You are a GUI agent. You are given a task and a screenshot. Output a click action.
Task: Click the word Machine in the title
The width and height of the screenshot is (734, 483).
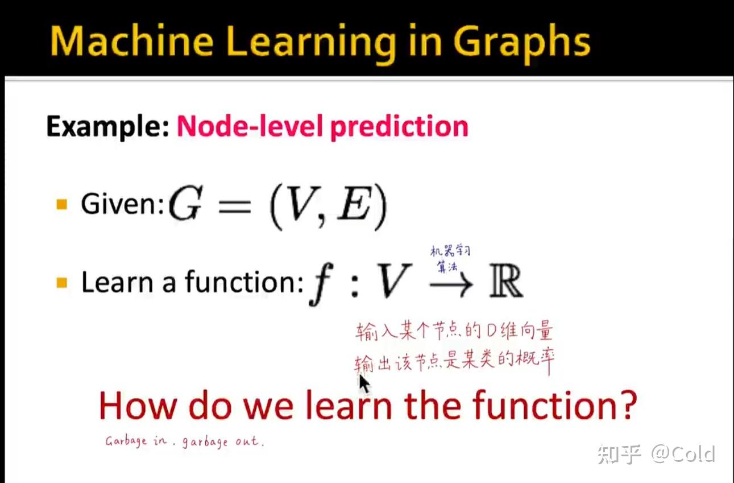(x=131, y=42)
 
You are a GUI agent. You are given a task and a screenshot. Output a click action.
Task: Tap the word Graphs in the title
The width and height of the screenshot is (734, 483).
(x=521, y=44)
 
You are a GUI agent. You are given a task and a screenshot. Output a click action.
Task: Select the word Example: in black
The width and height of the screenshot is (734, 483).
(x=107, y=126)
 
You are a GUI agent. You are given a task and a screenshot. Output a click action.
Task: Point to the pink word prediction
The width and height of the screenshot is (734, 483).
(x=399, y=127)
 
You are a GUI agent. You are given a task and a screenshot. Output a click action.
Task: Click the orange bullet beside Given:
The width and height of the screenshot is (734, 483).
(x=61, y=204)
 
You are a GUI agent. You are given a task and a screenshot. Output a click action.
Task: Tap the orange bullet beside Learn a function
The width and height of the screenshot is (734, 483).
(x=61, y=282)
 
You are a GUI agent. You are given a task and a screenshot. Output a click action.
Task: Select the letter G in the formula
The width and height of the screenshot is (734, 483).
(x=185, y=203)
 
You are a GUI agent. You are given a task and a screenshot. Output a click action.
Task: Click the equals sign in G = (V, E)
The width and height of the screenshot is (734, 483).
(x=235, y=206)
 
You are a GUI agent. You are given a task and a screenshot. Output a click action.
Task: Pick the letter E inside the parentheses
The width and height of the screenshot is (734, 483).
(x=355, y=203)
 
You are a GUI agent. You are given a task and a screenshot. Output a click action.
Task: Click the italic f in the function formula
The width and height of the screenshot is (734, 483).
(x=321, y=284)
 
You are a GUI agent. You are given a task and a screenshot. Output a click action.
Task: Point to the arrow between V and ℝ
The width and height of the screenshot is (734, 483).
(x=451, y=283)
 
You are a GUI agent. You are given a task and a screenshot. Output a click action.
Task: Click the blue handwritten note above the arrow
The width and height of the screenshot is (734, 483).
(x=450, y=259)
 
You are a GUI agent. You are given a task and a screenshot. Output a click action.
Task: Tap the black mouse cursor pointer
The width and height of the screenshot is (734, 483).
(x=364, y=383)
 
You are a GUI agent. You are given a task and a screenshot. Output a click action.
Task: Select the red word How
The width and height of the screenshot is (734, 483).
(x=138, y=405)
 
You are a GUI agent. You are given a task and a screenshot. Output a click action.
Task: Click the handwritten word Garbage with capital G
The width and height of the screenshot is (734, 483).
(x=126, y=441)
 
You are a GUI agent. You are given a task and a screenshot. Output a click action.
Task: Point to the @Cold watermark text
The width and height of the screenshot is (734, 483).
(x=683, y=454)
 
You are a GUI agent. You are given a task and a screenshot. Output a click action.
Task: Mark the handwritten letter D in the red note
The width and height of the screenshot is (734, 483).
(x=492, y=331)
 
